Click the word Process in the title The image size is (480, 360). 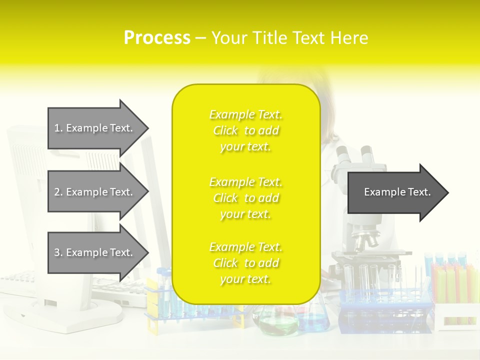(x=157, y=38)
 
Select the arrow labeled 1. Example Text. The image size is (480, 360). (x=95, y=128)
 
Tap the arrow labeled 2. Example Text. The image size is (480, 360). (x=95, y=192)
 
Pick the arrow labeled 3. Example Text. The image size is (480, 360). (x=95, y=252)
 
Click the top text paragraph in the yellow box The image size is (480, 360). (x=245, y=130)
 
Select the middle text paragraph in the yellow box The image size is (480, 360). (x=245, y=198)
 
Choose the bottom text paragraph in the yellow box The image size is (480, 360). (x=245, y=263)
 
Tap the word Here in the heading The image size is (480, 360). (x=350, y=38)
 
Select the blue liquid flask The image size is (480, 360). (x=314, y=320)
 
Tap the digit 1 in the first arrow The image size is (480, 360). (x=57, y=128)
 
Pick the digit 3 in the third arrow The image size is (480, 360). (x=57, y=252)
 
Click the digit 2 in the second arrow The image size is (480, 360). (x=57, y=192)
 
